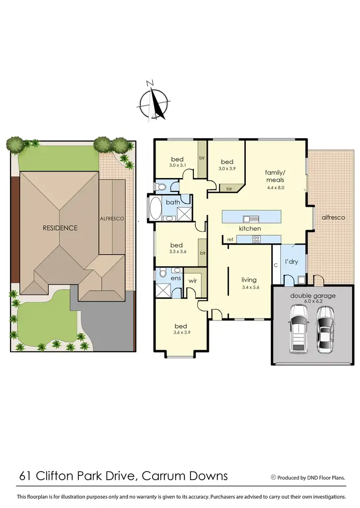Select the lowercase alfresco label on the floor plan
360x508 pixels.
[333, 217]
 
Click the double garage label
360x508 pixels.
[312, 296]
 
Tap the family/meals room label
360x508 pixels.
[275, 176]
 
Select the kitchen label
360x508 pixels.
[250, 229]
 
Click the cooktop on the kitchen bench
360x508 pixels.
[256, 238]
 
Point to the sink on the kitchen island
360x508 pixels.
[250, 217]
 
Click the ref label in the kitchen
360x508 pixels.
[230, 239]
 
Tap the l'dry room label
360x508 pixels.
[292, 263]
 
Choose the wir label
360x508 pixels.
[192, 281]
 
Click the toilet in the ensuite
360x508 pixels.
[163, 274]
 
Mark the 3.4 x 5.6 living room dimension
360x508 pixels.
[249, 288]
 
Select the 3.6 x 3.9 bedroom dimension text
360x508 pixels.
[180, 332]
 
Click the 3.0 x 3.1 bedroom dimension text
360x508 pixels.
[178, 165]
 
